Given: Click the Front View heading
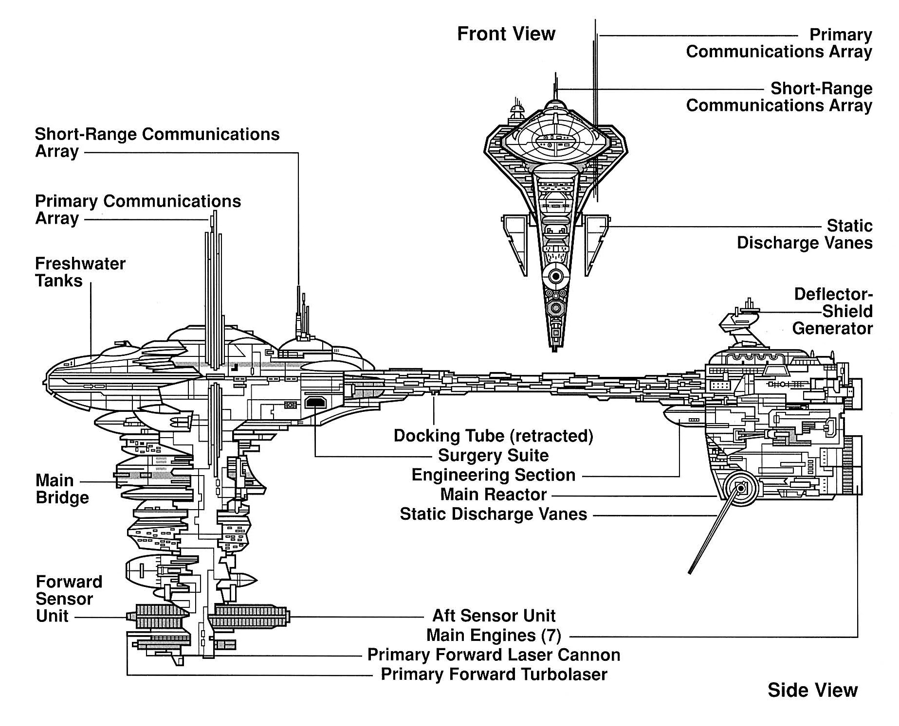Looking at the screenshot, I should click(506, 34).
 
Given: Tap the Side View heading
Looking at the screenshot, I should click(812, 690).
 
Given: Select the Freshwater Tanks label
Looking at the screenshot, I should click(80, 272).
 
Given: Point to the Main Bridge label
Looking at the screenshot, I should click(62, 489).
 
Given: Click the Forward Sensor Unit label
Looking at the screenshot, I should click(69, 599).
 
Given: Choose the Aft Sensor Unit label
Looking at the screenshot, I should click(494, 616).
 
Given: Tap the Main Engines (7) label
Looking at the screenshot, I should click(494, 635).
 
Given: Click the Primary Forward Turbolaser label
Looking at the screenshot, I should click(494, 674).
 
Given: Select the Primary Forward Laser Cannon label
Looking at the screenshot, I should click(494, 655).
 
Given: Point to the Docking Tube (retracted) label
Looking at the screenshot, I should click(493, 436).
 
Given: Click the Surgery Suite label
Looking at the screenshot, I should click(493, 456).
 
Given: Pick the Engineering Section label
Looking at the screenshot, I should click(493, 475).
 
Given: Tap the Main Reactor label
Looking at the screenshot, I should click(493, 495).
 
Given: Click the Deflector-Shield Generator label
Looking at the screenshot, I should click(832, 311).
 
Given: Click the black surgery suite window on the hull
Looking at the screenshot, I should click(315, 403).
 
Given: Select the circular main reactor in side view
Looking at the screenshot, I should click(740, 488).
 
